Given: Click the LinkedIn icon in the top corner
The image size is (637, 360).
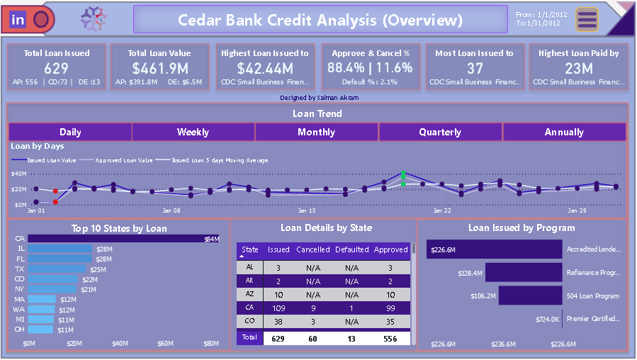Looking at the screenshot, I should pyautogui.click(x=18, y=20).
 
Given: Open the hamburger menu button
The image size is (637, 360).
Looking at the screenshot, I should pyautogui.click(x=587, y=20).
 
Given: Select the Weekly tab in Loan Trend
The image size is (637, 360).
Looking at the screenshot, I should pyautogui.click(x=193, y=132).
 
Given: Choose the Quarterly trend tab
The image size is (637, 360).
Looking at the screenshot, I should pyautogui.click(x=440, y=132).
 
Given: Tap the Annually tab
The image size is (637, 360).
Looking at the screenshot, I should pyautogui.click(x=564, y=132).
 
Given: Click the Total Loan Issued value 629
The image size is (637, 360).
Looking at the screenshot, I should pyautogui.click(x=57, y=68).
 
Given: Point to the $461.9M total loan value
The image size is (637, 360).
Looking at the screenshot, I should pyautogui.click(x=159, y=68).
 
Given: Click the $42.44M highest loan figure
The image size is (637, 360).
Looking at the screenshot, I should pyautogui.click(x=265, y=68).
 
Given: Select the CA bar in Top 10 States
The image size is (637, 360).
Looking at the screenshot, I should pyautogui.click(x=113, y=239).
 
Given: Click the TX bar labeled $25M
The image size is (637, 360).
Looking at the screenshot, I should pyautogui.click(x=57, y=269).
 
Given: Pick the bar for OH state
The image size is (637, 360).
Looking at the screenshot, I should pyautogui.click(x=40, y=330).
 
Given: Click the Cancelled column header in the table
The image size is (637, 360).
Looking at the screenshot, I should pyautogui.click(x=313, y=249).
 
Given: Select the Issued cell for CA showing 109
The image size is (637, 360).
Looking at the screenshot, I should pyautogui.click(x=278, y=308).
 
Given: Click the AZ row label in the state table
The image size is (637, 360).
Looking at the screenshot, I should pyautogui.click(x=249, y=294).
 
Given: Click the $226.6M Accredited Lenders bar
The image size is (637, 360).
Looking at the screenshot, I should pyautogui.click(x=493, y=249).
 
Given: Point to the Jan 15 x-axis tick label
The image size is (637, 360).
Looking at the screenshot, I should pyautogui.click(x=306, y=210).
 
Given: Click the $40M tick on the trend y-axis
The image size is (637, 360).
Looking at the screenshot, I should pyautogui.click(x=18, y=174).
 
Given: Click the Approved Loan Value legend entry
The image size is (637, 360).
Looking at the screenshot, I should pyautogui.click(x=124, y=160).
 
